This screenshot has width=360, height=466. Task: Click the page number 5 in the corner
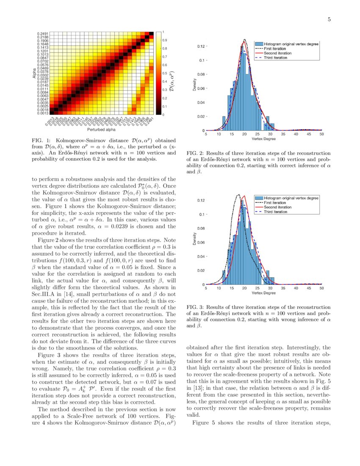tap(329, 19)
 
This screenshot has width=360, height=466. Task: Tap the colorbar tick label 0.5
tap(165, 73)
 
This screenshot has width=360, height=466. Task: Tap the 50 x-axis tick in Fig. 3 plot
tap(321, 288)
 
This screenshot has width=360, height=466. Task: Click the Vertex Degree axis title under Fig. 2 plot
tap(263, 139)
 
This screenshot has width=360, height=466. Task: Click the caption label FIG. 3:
tap(196, 307)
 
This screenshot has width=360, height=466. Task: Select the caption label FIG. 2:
tap(196, 153)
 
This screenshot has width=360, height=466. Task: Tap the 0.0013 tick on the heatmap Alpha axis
tap(42, 114)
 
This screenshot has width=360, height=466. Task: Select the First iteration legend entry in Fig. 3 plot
tap(275, 202)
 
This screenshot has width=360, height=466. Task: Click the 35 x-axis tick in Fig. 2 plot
tap(283, 134)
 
